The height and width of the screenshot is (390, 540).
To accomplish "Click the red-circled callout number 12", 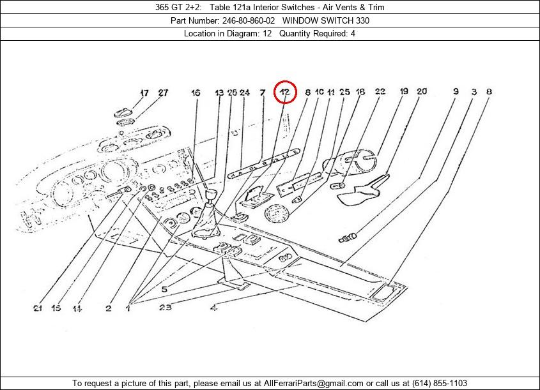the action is click(x=285, y=92).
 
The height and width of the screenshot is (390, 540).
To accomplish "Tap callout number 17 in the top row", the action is click(x=144, y=93).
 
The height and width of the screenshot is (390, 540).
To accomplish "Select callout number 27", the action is click(x=163, y=93).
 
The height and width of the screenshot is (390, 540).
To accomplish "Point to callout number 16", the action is click(x=196, y=93).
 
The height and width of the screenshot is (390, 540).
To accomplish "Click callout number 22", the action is click(x=380, y=91).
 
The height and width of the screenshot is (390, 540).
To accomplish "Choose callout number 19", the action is click(x=404, y=91).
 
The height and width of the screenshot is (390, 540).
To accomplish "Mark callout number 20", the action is click(x=422, y=91).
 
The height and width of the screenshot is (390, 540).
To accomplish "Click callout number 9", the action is click(x=456, y=91).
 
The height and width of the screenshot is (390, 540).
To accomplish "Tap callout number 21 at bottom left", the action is click(x=38, y=308).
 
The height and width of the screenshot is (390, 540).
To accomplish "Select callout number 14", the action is click(x=77, y=308).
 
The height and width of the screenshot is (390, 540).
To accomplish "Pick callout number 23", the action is click(x=165, y=307).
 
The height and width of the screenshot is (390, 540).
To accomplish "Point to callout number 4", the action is click(x=214, y=308).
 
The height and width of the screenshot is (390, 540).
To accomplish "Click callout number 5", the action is click(x=165, y=289).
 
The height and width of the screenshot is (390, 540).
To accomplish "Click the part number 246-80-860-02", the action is click(x=249, y=20).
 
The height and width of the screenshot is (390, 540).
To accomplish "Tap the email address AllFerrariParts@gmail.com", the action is click(x=313, y=383).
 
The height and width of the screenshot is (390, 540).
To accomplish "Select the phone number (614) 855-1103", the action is click(x=440, y=383).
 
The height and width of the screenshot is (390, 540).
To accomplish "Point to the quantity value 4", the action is click(x=353, y=34).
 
